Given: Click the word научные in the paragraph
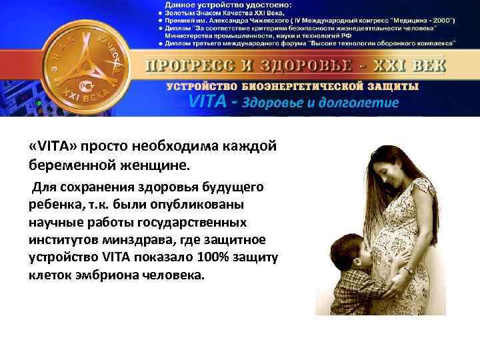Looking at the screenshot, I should pos(56,221).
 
